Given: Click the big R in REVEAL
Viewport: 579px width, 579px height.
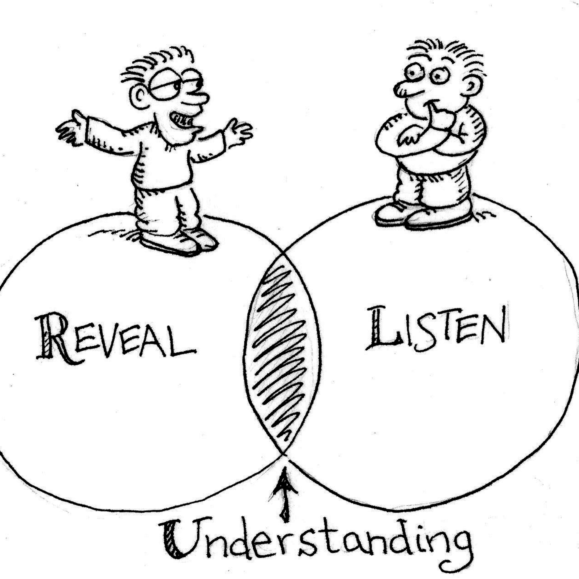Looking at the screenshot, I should click(x=55, y=339).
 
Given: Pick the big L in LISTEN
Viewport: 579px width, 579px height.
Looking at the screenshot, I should click(x=382, y=330).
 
